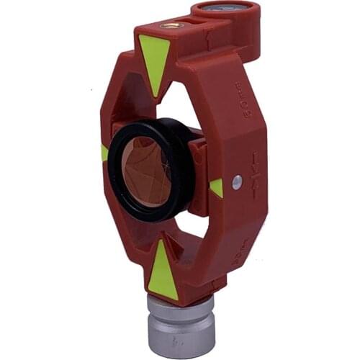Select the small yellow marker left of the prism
click(105, 153)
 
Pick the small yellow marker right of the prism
click(217, 187)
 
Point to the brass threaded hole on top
click(171, 25)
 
